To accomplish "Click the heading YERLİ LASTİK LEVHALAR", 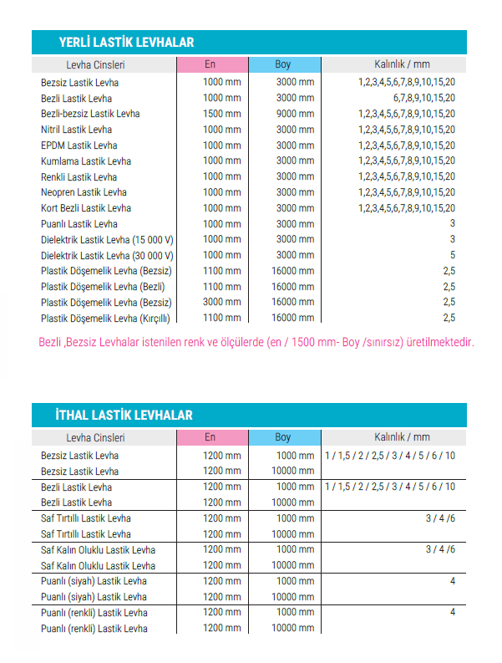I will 126,42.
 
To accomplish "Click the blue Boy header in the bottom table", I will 283,437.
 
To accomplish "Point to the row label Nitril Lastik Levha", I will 76,130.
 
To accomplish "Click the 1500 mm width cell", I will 221,114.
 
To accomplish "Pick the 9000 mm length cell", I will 296,114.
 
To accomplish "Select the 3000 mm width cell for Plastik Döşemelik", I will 221,302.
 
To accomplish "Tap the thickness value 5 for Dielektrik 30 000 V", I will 452,255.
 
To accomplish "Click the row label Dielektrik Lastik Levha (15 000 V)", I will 107,239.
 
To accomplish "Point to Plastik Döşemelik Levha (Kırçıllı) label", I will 105,318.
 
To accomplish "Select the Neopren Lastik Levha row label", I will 84,192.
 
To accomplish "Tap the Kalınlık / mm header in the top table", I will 402,64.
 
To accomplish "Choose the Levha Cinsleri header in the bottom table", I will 95,437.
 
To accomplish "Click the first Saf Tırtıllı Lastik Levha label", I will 86,518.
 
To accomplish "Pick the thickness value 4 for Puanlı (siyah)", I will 452,581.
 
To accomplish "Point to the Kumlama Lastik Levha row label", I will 86,161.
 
